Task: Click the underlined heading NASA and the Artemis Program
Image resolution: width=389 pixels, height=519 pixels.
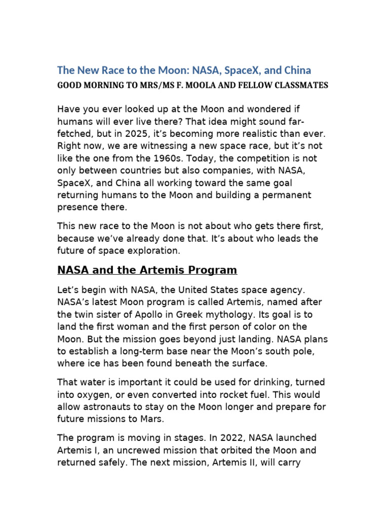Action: coord(147,270)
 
